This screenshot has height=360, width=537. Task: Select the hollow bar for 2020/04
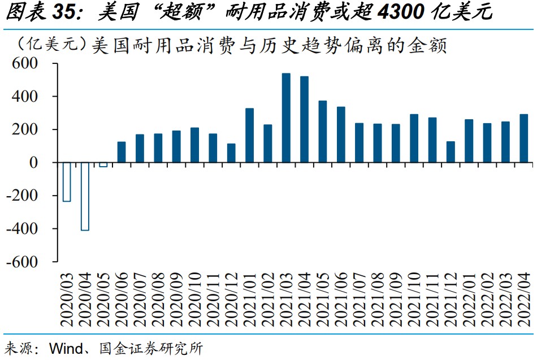[x=85, y=196]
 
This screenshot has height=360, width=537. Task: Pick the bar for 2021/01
[x=249, y=135]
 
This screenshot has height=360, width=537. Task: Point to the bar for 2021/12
[x=451, y=151]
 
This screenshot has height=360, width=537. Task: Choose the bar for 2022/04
[x=523, y=138]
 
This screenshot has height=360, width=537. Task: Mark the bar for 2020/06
[x=122, y=151]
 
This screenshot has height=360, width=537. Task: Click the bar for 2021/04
[x=304, y=119]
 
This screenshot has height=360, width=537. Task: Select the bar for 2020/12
[x=231, y=153]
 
